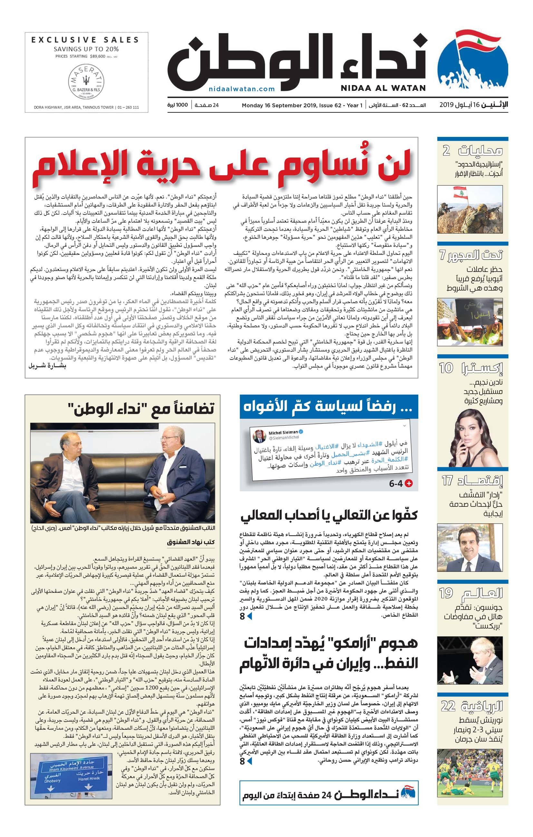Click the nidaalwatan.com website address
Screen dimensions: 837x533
242,89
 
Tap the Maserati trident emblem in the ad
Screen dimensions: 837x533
86,81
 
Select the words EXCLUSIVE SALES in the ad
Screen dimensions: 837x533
85,40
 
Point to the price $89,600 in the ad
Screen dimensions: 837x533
97,56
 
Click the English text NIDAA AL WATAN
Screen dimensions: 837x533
383,88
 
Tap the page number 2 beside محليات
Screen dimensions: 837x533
446,150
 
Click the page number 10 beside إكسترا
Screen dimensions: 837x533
446,368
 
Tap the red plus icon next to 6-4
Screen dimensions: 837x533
409,483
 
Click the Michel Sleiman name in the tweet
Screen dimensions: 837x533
283,433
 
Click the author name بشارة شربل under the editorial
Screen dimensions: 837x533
47,366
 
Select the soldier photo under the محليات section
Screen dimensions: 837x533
470,210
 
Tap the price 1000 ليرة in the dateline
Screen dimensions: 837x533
177,105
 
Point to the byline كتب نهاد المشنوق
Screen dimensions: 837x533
190,542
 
